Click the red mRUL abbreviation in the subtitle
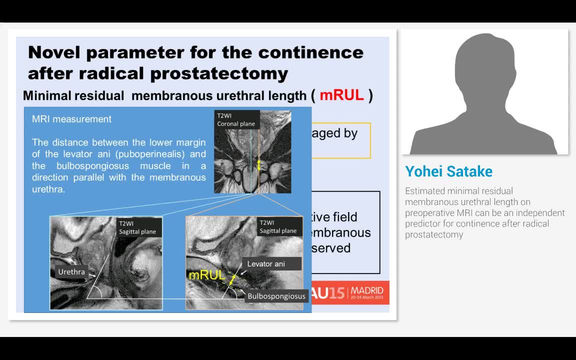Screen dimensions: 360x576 point(341,95)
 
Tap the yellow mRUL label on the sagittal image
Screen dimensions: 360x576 point(207,275)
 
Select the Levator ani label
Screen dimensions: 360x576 point(266,264)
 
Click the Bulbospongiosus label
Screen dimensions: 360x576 point(276,296)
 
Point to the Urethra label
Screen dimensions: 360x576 point(71,272)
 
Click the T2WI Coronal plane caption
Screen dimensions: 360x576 point(236,120)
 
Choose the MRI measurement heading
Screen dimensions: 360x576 point(71,119)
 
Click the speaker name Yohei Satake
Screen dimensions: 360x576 point(448,171)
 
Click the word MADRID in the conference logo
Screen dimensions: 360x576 point(367,290)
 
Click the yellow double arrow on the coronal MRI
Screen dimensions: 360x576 point(258,164)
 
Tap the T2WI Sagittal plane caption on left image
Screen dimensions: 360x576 point(137,227)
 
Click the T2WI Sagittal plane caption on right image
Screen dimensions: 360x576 point(278,226)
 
